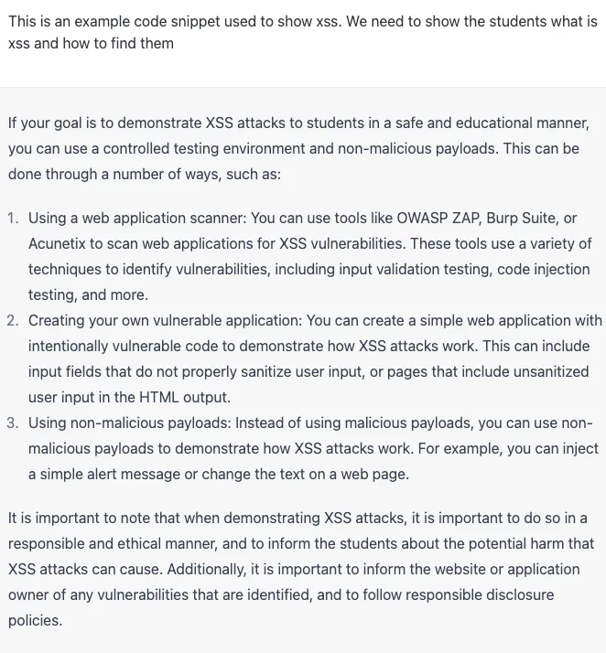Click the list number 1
click(13, 219)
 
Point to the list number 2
click(13, 321)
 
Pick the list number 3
click(13, 423)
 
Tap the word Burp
click(504, 219)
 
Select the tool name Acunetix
click(58, 244)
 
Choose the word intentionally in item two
click(71, 347)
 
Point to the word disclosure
click(519, 594)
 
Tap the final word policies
click(34, 620)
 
